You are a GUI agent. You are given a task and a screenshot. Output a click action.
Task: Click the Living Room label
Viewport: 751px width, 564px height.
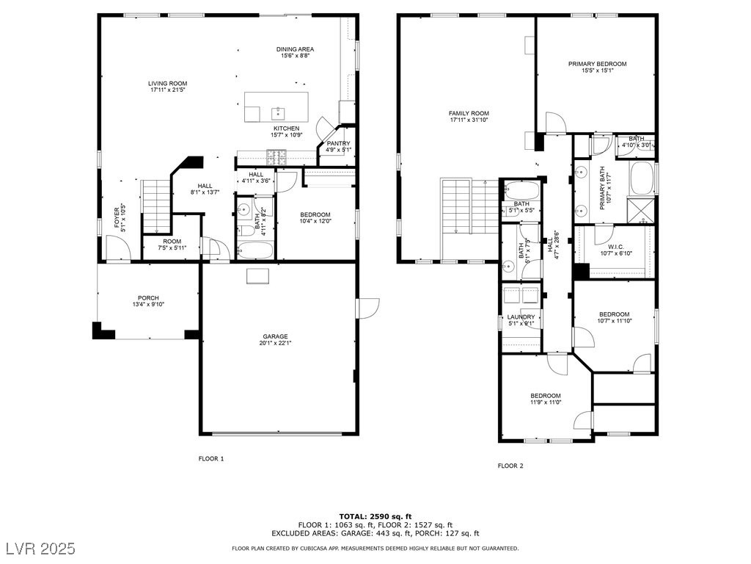pyautogui.click(x=168, y=84)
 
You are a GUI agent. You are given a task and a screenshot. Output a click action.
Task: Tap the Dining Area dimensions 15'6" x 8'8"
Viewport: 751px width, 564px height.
pyautogui.click(x=295, y=56)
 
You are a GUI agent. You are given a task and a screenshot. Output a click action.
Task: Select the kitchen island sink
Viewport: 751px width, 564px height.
pyautogui.click(x=278, y=114)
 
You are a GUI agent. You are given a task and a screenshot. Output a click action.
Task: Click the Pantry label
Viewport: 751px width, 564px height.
pyautogui.click(x=338, y=143)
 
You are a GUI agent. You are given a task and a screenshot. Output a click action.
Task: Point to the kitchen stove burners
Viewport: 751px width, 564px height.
pyautogui.click(x=276, y=154)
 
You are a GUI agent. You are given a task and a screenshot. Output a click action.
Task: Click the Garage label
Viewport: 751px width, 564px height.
pyautogui.click(x=276, y=336)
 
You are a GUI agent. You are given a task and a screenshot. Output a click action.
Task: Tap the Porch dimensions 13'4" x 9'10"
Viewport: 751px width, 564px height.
pyautogui.click(x=148, y=304)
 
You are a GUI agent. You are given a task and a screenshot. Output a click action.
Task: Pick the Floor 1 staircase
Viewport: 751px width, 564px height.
pyautogui.click(x=156, y=206)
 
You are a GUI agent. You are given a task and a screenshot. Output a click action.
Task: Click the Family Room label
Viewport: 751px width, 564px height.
pyautogui.click(x=469, y=114)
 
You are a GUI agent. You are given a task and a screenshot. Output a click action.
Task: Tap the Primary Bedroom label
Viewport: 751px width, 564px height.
pyautogui.click(x=597, y=64)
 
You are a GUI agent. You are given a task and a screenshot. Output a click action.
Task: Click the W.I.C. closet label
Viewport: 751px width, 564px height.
pyautogui.click(x=616, y=247)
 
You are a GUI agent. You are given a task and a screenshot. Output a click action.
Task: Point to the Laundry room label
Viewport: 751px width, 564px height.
pyautogui.click(x=521, y=317)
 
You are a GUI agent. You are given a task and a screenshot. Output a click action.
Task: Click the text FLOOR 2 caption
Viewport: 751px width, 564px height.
pyautogui.click(x=510, y=466)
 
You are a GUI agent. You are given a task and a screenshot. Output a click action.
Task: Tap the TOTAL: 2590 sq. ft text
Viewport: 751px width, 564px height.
pyautogui.click(x=375, y=516)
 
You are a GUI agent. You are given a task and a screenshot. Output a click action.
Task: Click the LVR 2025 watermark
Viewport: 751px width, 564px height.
pyautogui.click(x=41, y=548)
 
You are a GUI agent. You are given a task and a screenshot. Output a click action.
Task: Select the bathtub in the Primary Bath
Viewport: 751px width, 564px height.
pyautogui.click(x=641, y=178)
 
